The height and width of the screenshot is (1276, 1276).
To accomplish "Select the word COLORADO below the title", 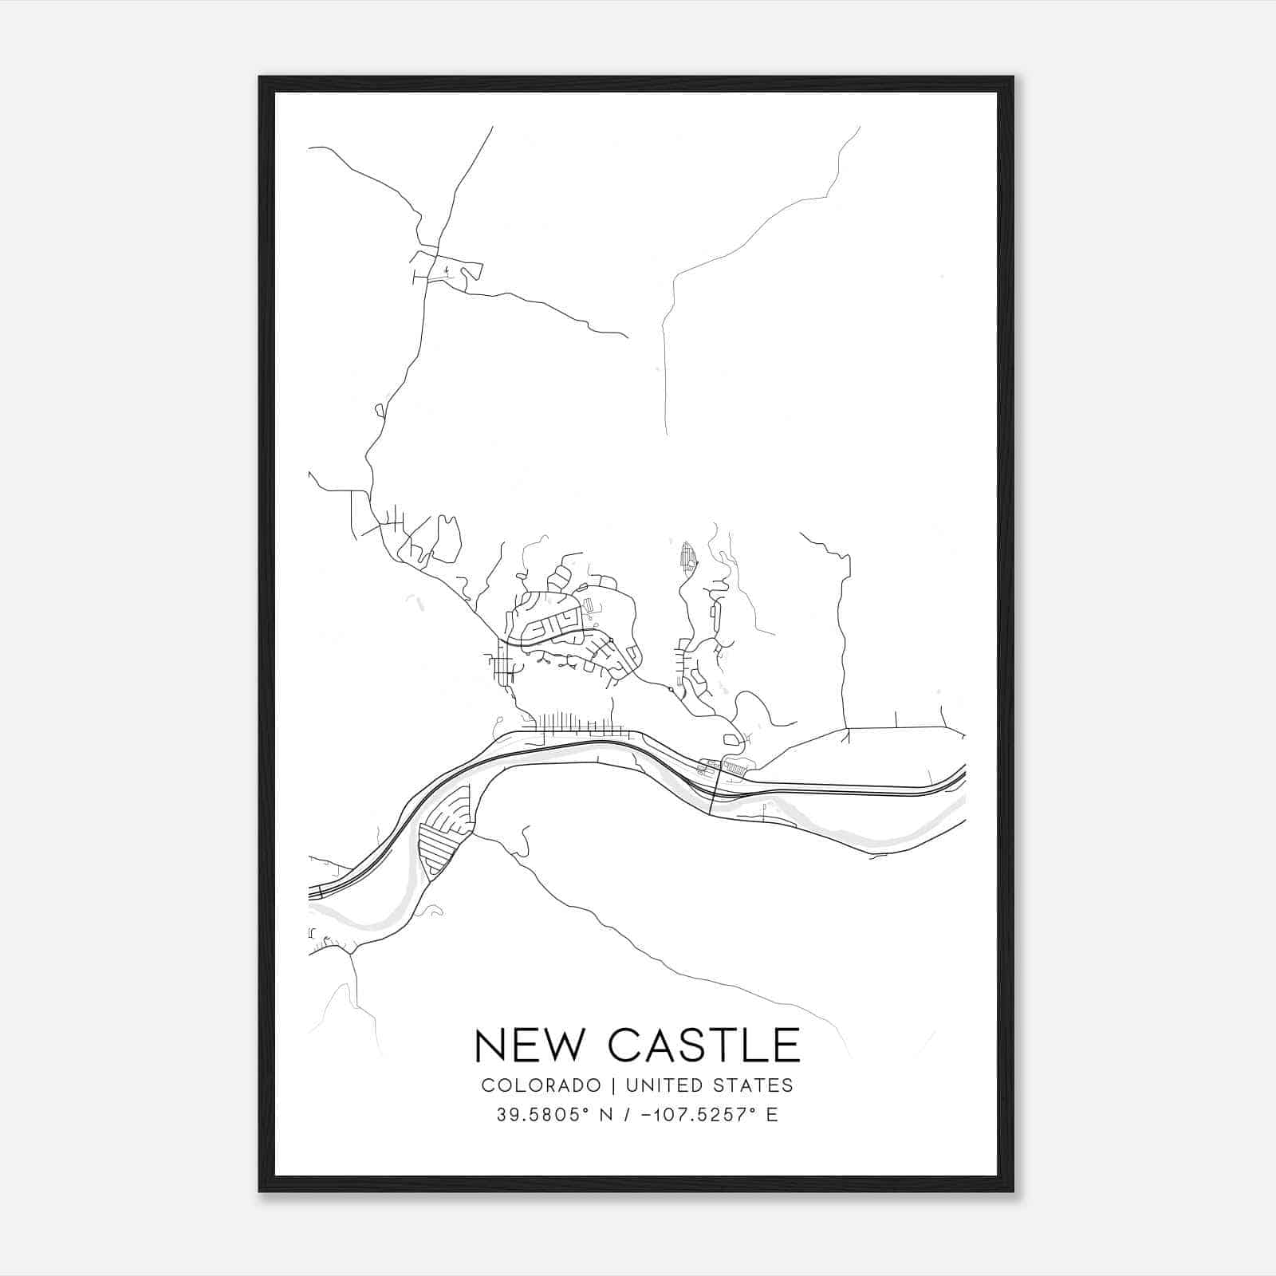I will click(x=540, y=1085).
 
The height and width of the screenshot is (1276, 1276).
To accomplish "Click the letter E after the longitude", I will click(x=772, y=1115).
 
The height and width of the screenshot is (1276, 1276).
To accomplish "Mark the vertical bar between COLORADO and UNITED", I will click(x=613, y=1085).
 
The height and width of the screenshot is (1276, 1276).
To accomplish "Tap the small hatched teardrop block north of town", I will click(x=687, y=555).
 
